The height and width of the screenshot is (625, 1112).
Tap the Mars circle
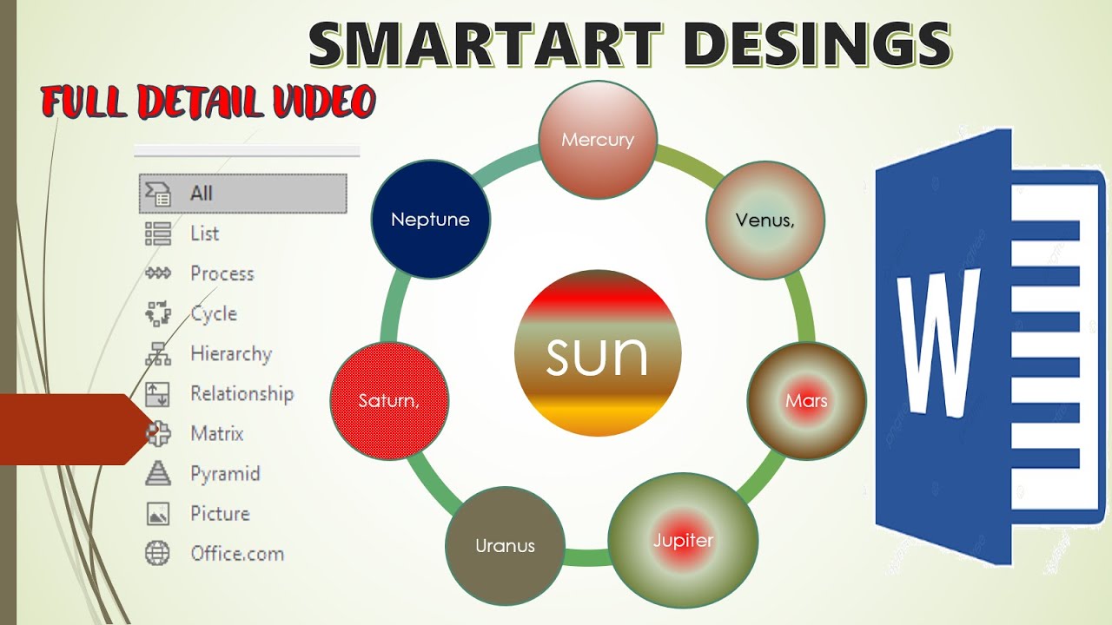pos(806,400)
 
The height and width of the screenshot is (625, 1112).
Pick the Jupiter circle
pos(683,540)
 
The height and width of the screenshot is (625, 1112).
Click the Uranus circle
pos(505,546)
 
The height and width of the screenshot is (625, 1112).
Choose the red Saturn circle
pos(389,401)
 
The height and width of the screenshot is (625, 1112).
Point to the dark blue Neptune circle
pos(430,220)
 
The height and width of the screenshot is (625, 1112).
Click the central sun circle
pos(597,353)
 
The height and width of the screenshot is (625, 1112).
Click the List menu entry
pos(205,234)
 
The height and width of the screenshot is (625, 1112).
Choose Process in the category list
pos(222,273)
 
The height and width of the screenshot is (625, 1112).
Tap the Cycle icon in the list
pos(157,313)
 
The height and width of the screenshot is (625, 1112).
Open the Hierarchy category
pos(231,353)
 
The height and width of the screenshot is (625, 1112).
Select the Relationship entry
pos(242,393)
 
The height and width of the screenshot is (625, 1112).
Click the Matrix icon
pos(157,433)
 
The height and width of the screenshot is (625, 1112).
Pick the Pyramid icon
pos(157,473)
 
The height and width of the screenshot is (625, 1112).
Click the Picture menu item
pos(220,513)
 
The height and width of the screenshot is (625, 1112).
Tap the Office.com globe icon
pos(157,553)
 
